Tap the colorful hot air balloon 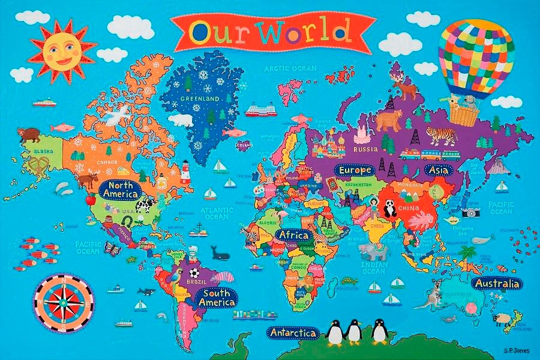[476, 54]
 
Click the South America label [218, 298]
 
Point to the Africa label [295, 235]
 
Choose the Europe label [355, 170]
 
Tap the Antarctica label [293, 332]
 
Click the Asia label [439, 170]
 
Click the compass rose [64, 303]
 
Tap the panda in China [391, 208]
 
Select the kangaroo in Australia [437, 294]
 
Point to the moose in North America [89, 178]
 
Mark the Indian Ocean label [373, 268]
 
